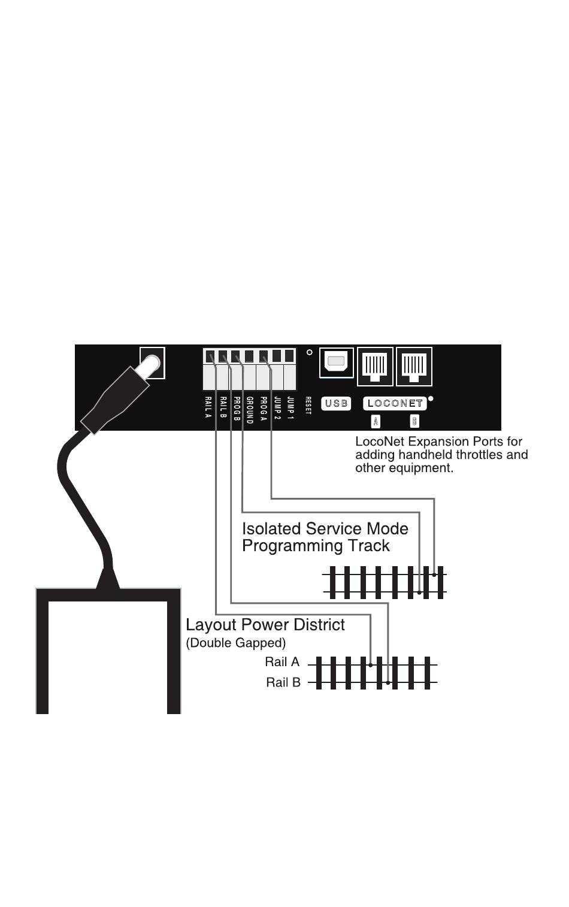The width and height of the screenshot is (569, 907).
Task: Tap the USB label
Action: [x=336, y=403]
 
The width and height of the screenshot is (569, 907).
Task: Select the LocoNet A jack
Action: [x=376, y=366]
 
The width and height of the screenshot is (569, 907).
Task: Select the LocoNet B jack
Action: [x=414, y=366]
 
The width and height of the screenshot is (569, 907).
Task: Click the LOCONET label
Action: [x=395, y=403]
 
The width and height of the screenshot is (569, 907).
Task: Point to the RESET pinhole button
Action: [x=309, y=352]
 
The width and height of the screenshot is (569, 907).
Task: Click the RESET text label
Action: [x=308, y=406]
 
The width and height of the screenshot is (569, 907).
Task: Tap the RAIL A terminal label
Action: [x=208, y=407]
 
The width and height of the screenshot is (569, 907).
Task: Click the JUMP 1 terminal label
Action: [x=290, y=408]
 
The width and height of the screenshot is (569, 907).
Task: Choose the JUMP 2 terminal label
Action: [x=277, y=408]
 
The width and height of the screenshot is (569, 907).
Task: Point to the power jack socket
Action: [x=152, y=363]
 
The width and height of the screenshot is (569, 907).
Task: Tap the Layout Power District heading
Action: [x=265, y=625]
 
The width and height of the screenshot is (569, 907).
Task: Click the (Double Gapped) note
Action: [x=235, y=643]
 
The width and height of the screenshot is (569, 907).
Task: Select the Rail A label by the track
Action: [x=282, y=662]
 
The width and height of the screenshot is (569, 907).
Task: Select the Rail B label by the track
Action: [x=283, y=682]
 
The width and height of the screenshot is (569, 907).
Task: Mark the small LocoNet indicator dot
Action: [x=431, y=398]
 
